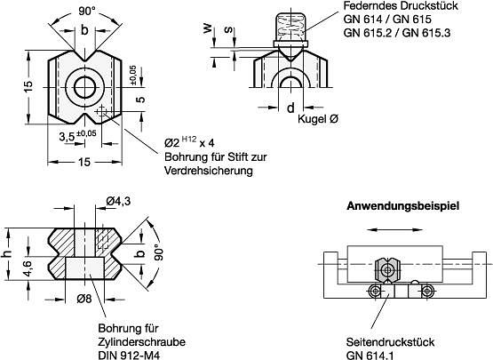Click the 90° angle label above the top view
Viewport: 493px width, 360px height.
point(87,12)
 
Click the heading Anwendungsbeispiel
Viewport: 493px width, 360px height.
point(402,206)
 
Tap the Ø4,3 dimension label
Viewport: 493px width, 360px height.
point(118,201)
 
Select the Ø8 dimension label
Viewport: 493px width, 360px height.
point(84,299)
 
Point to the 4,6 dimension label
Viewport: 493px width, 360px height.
point(28,268)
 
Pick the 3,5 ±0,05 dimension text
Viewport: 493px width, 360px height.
point(77,136)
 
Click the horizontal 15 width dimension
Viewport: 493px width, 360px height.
point(84,162)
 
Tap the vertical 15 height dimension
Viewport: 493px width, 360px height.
point(28,86)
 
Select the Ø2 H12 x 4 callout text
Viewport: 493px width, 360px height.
point(189,142)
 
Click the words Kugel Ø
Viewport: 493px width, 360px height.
point(318,119)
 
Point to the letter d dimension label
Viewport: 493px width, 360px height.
point(290,108)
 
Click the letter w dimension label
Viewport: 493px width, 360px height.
point(207,29)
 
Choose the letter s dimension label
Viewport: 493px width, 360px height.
point(229,29)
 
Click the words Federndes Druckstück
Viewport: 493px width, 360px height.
point(401,5)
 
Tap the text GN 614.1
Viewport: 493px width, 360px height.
point(370,355)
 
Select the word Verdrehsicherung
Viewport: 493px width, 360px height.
point(209,171)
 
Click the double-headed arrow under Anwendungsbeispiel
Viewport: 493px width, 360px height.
point(394,230)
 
